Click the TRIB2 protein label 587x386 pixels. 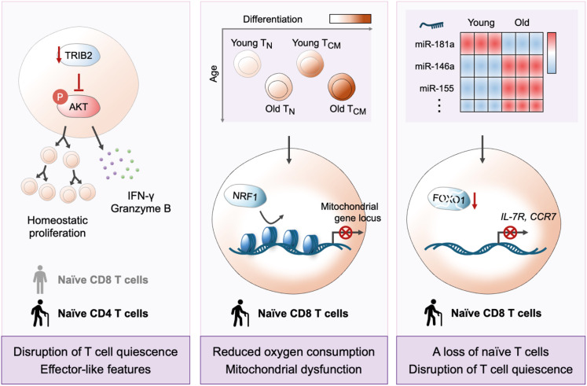coord(78,56)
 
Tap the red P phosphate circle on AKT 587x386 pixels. coord(60,97)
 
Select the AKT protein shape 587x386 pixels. coord(79,107)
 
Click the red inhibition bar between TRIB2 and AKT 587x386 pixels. coord(79,83)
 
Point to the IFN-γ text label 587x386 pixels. coord(141,196)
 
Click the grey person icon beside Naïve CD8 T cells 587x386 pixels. coord(40,280)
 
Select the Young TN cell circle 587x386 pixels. coord(247,64)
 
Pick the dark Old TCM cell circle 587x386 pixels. coord(341,86)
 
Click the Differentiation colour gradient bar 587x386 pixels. coord(350,19)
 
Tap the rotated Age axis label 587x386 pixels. coord(214,74)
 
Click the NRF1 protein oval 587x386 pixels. coord(245,197)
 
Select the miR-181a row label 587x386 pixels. coord(435,45)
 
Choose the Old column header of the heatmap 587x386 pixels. coord(522,23)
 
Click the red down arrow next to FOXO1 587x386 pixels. coord(475,200)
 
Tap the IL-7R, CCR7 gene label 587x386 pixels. coord(528,216)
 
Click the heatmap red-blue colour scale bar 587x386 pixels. coord(552,53)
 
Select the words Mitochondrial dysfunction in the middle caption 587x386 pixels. coord(294,369)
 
